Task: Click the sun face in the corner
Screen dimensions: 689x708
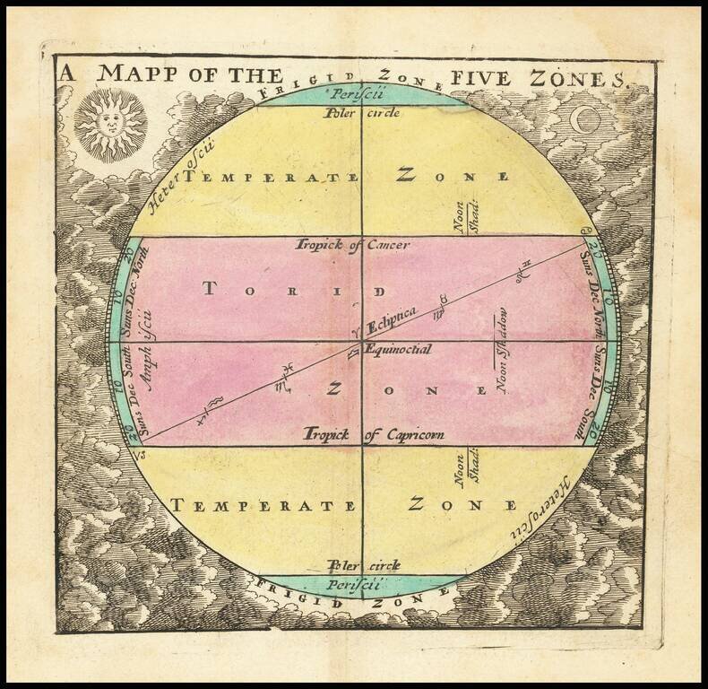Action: pyautogui.click(x=109, y=125)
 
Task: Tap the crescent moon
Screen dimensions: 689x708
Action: pyautogui.click(x=586, y=118)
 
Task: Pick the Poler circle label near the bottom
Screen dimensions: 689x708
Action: pyautogui.click(x=363, y=565)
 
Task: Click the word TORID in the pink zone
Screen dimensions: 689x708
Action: pyautogui.click(x=294, y=290)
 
